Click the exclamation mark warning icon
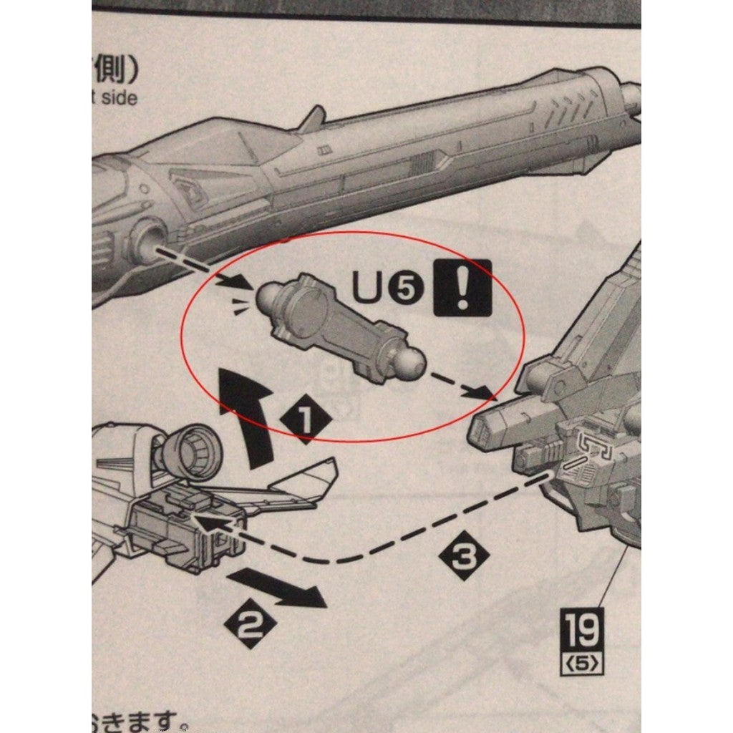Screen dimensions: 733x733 coord(462,287)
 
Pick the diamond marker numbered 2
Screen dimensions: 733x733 coord(248,626)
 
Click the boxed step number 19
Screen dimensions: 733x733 coord(581,628)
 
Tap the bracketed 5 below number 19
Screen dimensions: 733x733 coord(581,663)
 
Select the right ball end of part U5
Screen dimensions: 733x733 coord(410,362)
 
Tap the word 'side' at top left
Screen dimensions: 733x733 coord(118,97)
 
